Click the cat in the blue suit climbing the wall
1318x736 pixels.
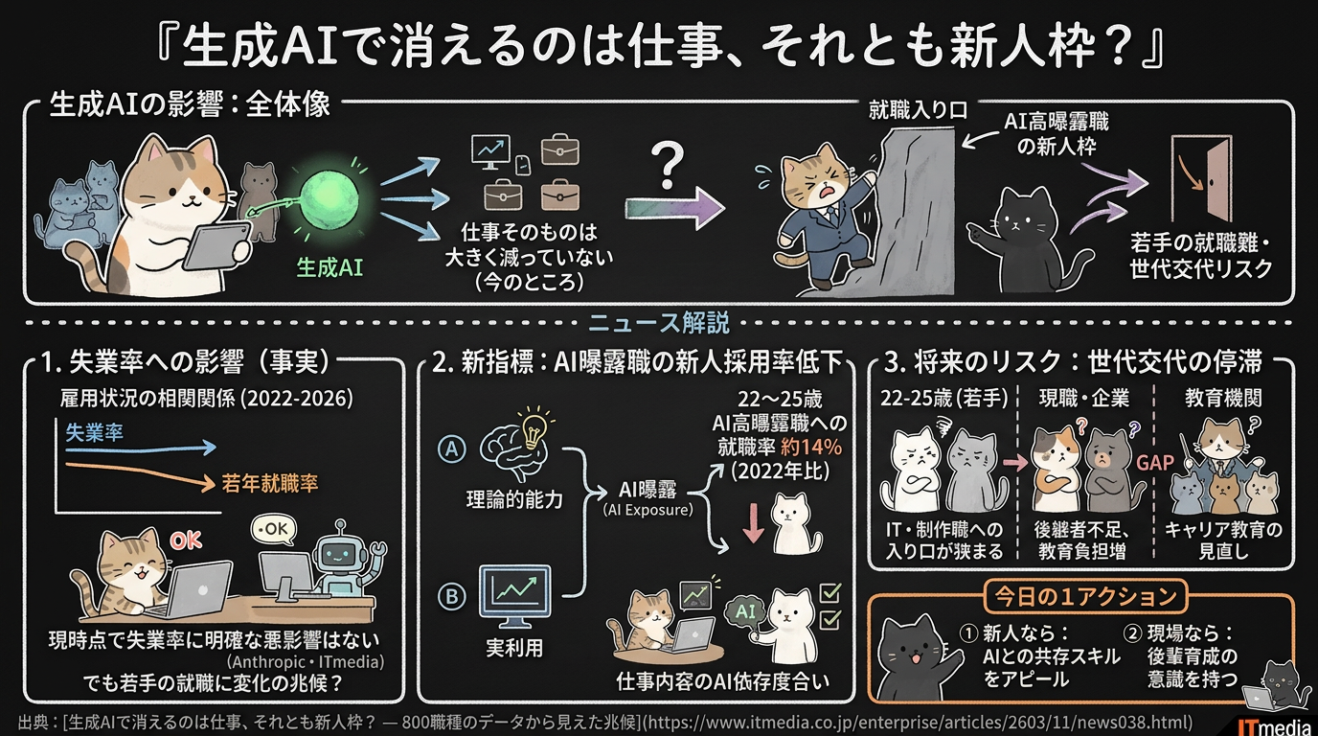coord(824,211)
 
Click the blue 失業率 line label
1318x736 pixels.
coord(95,432)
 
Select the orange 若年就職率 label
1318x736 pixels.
coord(269,483)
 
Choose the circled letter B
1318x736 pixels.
coord(449,595)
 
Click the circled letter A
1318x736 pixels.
coord(449,447)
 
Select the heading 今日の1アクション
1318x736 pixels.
coord(1079,596)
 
